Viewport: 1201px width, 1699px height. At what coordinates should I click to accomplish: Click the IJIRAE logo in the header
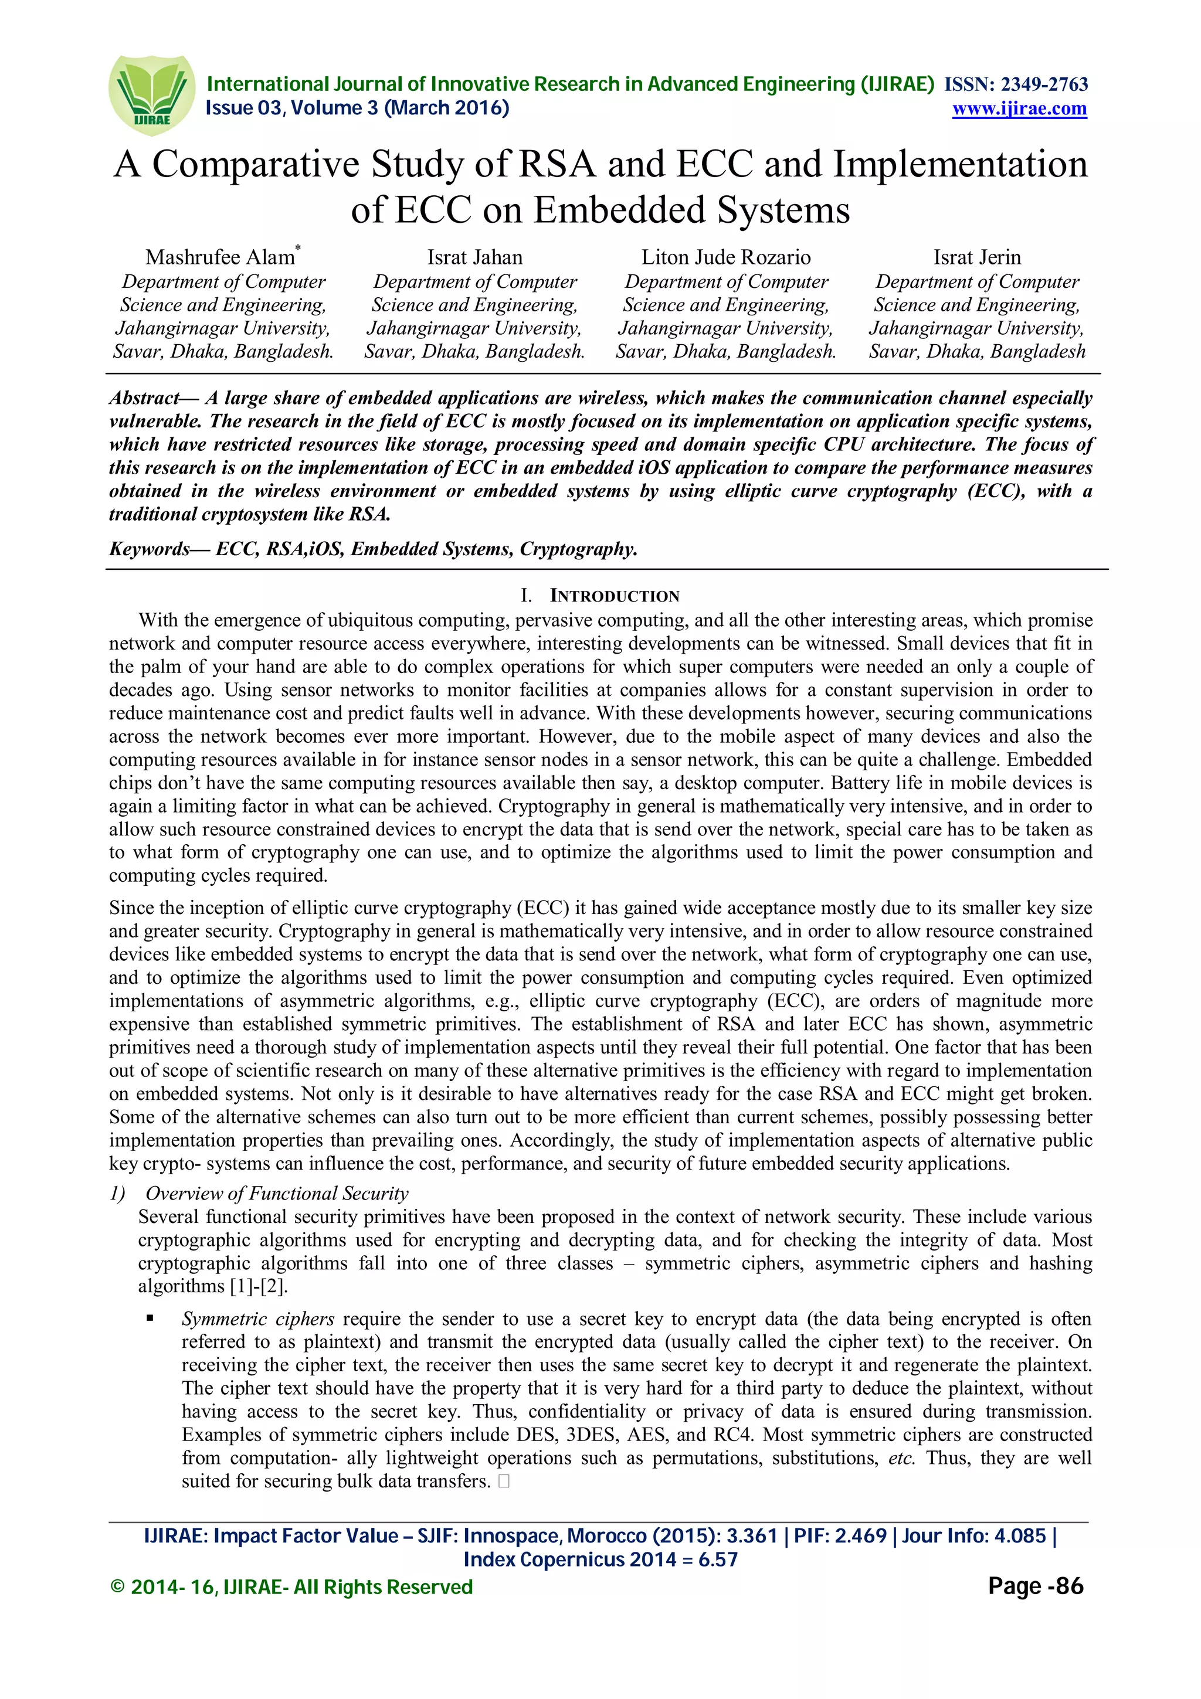[152, 95]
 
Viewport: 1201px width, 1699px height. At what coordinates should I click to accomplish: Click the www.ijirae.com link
[1019, 109]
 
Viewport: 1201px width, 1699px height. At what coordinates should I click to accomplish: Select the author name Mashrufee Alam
[220, 257]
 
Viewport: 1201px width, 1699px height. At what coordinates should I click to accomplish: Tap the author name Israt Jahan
[474, 257]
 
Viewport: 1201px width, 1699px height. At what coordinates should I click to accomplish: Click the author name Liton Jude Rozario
[725, 257]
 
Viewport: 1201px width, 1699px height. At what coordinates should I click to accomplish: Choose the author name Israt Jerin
[977, 257]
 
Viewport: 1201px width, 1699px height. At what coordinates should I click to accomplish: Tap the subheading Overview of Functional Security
[277, 1193]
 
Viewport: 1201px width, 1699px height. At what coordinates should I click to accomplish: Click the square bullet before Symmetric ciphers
[150, 1318]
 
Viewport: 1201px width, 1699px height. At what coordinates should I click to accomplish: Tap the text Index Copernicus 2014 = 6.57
[600, 1560]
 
